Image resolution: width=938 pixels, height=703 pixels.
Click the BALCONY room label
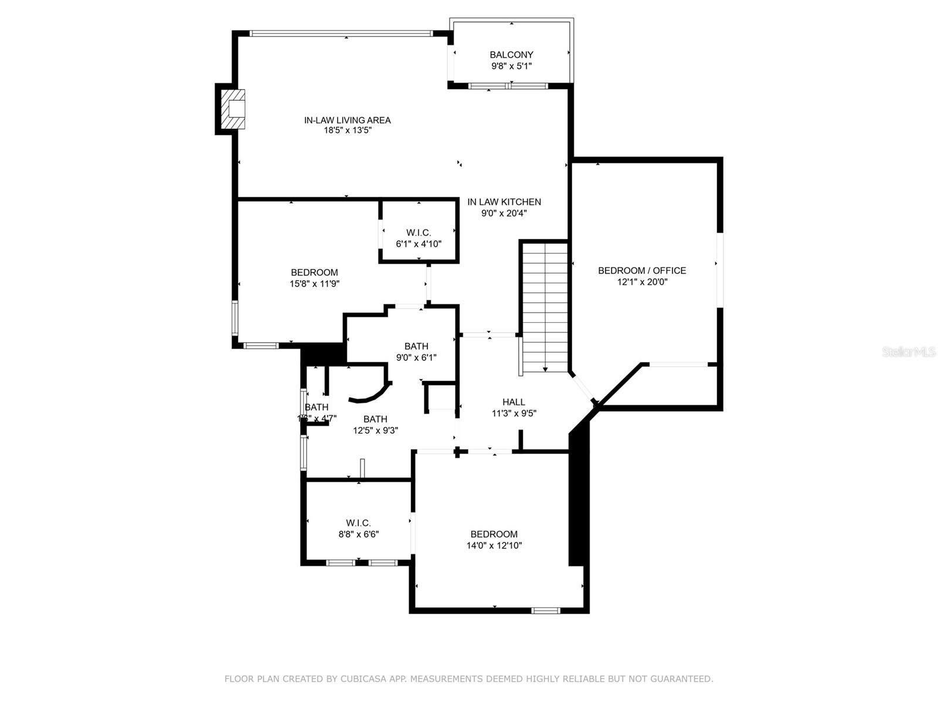(511, 55)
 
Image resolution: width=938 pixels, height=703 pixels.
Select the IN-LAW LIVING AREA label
(347, 120)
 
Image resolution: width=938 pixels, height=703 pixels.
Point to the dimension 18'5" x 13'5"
(347, 131)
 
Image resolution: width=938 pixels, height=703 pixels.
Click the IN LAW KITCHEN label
(504, 202)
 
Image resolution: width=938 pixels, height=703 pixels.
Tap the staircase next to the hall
(545, 306)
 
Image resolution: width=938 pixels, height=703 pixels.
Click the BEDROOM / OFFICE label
(642, 271)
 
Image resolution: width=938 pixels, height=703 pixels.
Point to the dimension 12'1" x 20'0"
(642, 282)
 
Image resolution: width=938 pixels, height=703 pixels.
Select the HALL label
(514, 402)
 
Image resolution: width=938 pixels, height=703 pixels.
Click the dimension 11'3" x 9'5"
(514, 413)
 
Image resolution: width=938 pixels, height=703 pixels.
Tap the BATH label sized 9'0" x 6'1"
(416, 346)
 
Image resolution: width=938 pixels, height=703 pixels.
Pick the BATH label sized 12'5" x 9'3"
(375, 419)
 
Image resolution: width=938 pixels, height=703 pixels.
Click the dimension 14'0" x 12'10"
(494, 545)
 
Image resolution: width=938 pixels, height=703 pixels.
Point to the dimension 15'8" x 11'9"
(315, 284)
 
